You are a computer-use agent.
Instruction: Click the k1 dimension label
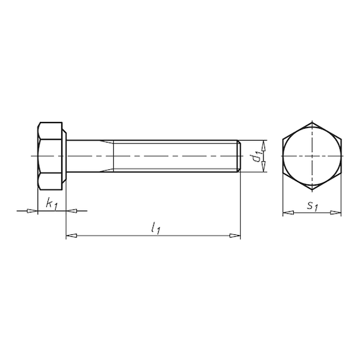[x=51, y=204]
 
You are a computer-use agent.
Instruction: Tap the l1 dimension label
[x=155, y=228]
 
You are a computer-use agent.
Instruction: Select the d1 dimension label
[x=256, y=157]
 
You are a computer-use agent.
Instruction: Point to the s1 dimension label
[x=313, y=207]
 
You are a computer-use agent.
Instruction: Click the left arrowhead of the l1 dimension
[x=71, y=236]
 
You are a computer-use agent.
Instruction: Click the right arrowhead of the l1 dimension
[x=235, y=236]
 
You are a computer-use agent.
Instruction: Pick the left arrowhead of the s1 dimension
[x=288, y=213]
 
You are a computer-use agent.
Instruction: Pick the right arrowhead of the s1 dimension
[x=335, y=213]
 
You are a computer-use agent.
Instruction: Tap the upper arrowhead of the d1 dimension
[x=264, y=145]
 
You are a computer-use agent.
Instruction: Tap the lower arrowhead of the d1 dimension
[x=264, y=167]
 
